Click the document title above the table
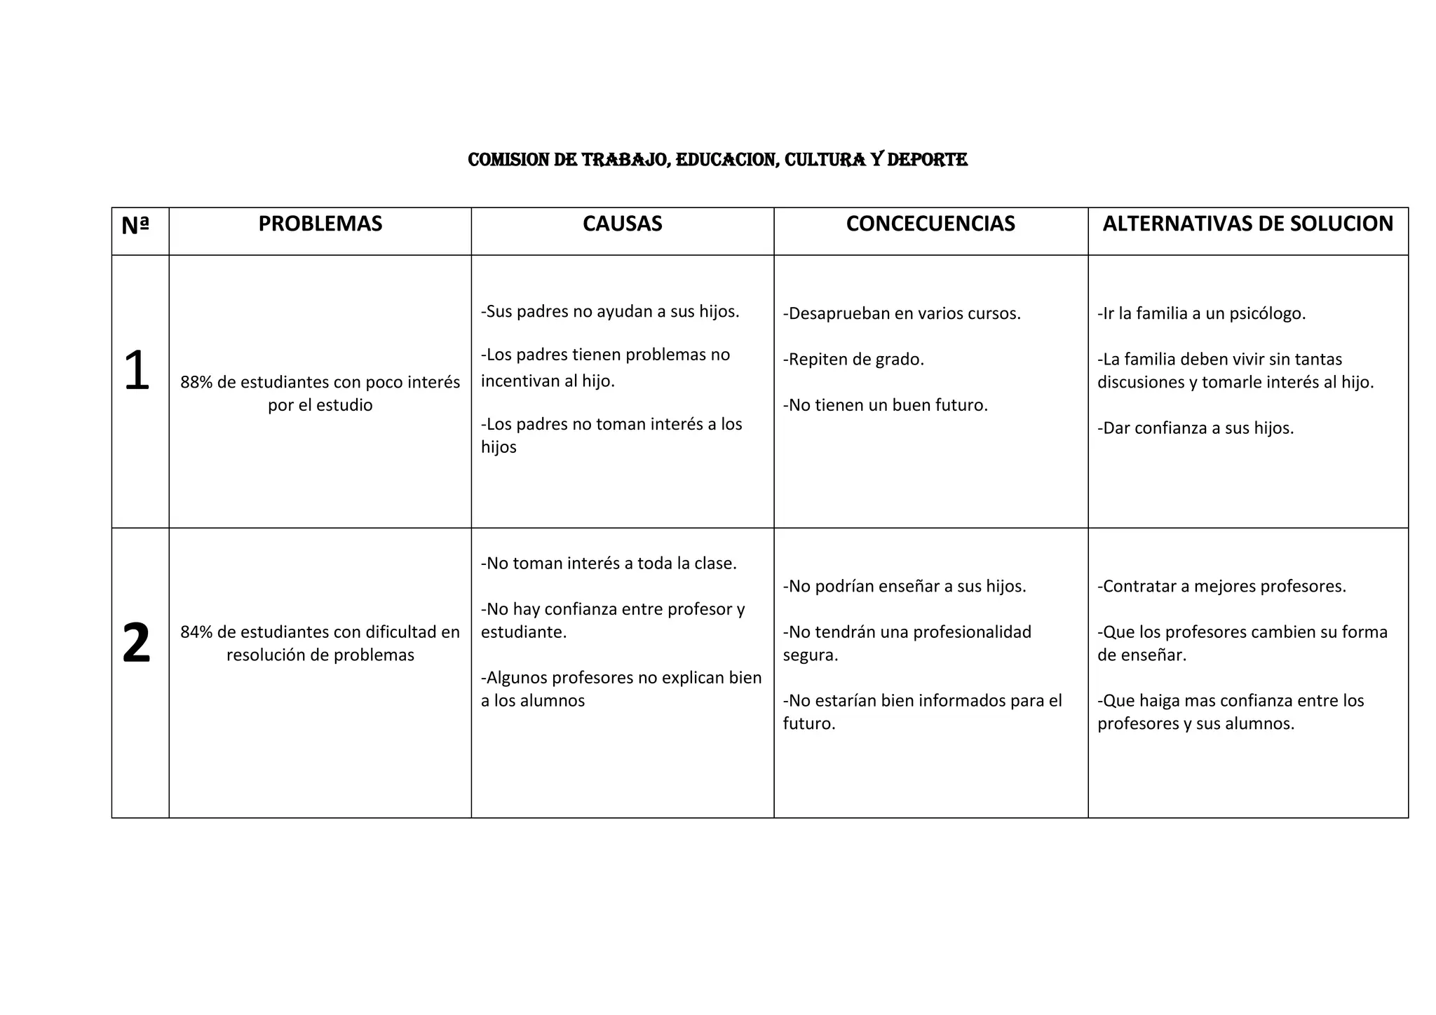[x=717, y=160]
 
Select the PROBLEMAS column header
[x=320, y=224]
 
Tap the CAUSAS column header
[x=622, y=224]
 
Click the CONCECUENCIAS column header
[x=930, y=224]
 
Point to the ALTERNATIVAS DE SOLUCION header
[x=1247, y=224]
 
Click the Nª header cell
[x=135, y=225]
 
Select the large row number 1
[x=136, y=371]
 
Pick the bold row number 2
[x=136, y=643]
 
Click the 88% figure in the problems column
[x=196, y=383]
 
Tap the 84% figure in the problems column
[x=196, y=632]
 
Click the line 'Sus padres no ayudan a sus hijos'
[x=610, y=312]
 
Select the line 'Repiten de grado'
[x=853, y=360]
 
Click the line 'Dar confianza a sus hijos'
[x=1195, y=428]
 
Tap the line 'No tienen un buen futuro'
[x=885, y=405]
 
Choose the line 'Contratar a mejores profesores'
[x=1221, y=586]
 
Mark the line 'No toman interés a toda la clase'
[x=609, y=564]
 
